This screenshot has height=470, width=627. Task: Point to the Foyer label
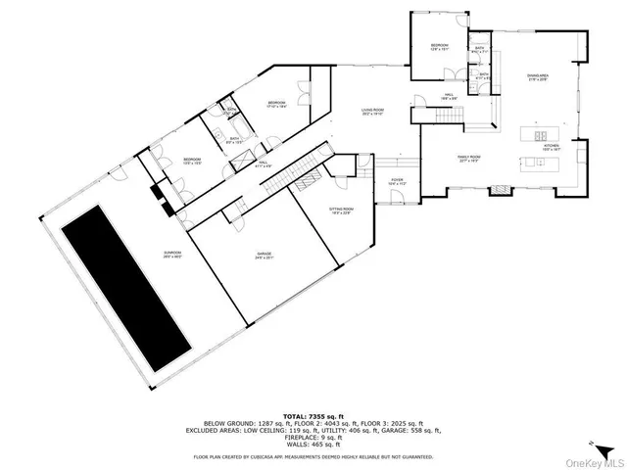point(398,181)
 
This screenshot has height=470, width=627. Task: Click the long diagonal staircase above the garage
point(291,167)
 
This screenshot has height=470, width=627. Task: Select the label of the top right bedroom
point(440,48)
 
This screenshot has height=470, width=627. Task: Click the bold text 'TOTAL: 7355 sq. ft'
point(313,416)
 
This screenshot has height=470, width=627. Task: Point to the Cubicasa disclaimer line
point(313,455)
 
